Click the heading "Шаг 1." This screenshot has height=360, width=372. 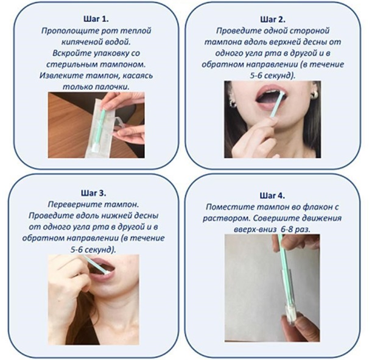coord(96,19)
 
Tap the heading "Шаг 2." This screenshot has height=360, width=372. coord(273,19)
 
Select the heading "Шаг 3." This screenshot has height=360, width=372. coord(94,193)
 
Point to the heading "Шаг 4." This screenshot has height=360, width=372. coord(272,196)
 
